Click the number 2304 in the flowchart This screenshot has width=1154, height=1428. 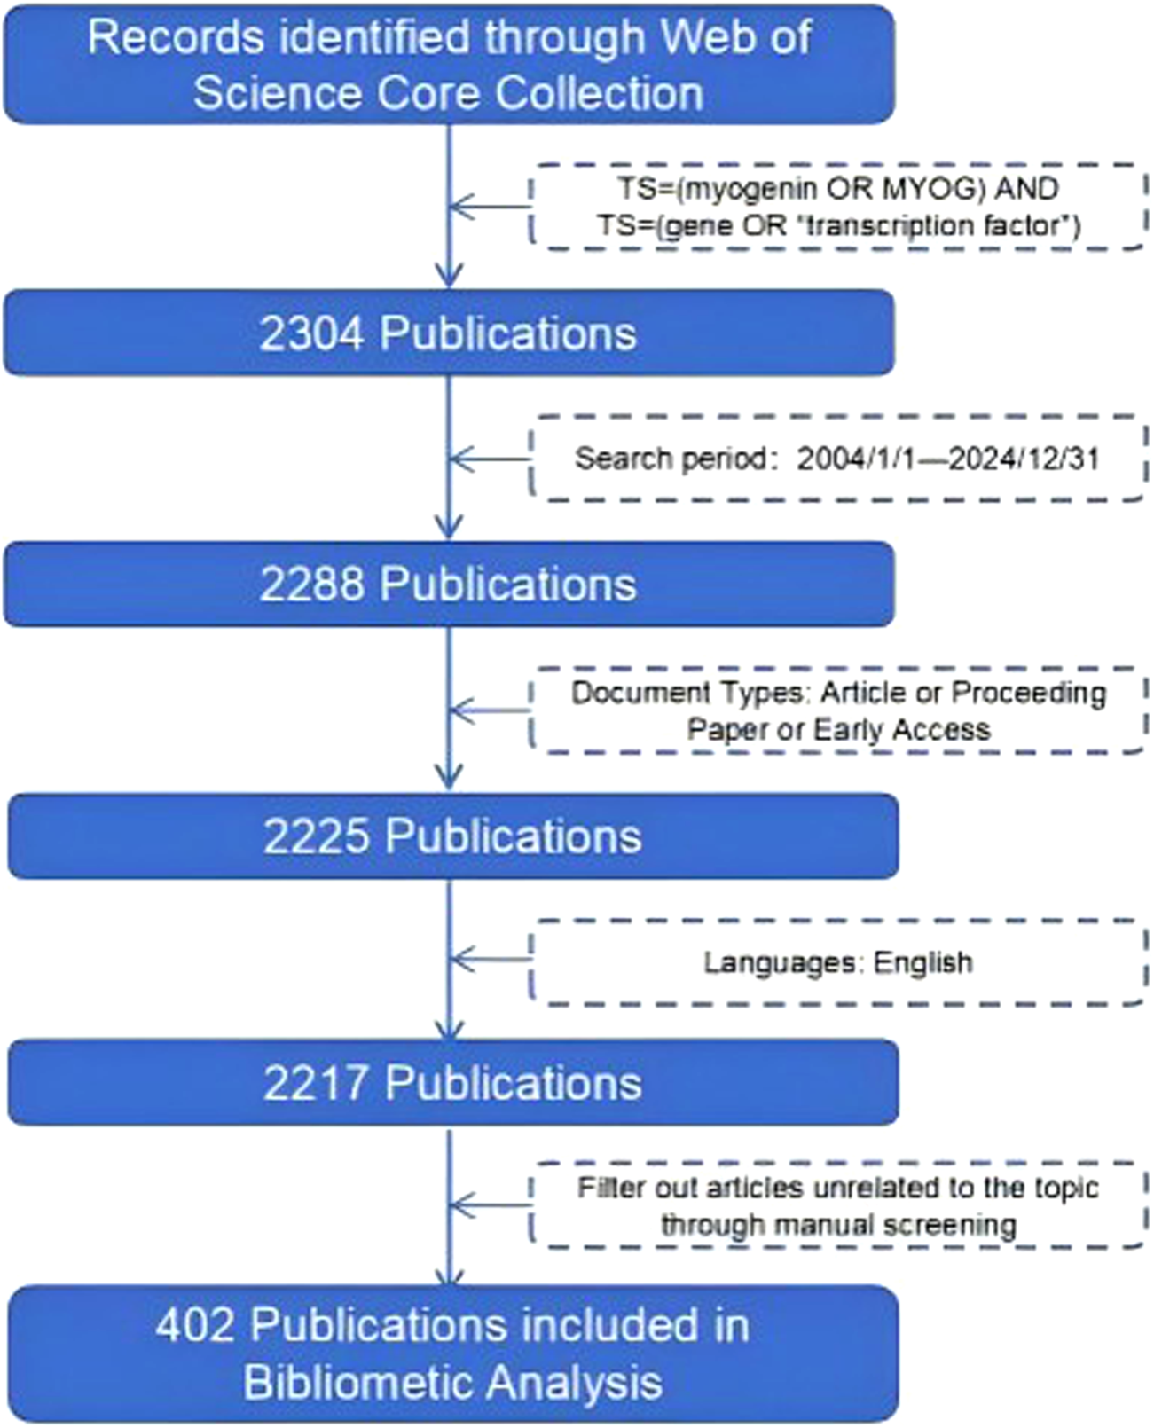pyautogui.click(x=311, y=333)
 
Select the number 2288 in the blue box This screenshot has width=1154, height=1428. pyautogui.click(x=311, y=585)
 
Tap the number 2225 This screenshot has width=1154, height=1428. pyautogui.click(x=315, y=836)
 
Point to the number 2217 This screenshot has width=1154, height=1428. pyautogui.click(x=315, y=1083)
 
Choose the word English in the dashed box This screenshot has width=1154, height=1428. pyautogui.click(x=922, y=962)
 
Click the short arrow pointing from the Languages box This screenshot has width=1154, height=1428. pyautogui.click(x=491, y=959)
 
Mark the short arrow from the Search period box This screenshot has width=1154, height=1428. pyautogui.click(x=491, y=459)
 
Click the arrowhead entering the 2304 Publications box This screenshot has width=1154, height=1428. pyautogui.click(x=450, y=275)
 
